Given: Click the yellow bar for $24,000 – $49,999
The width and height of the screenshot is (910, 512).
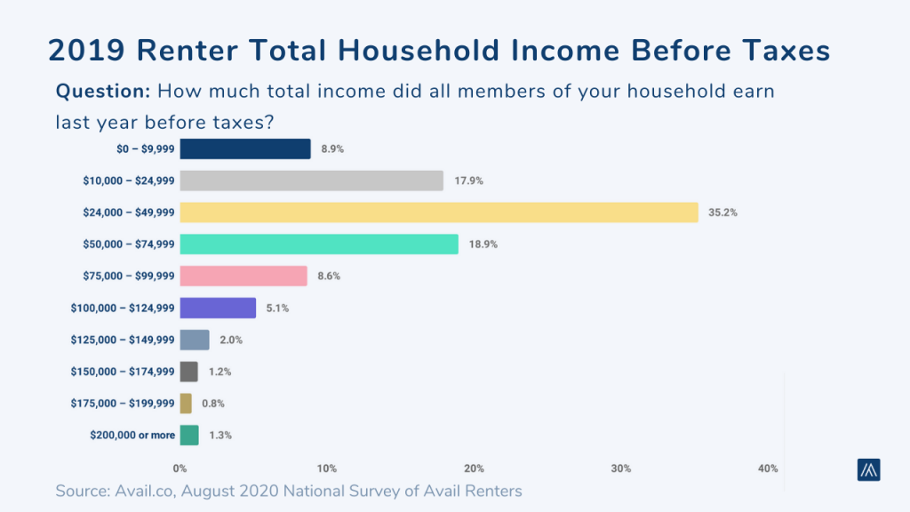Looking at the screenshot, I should [x=439, y=212].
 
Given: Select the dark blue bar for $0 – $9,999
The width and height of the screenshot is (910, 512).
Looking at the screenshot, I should [x=245, y=148].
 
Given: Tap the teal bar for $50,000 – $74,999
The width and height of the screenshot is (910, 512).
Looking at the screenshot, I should [x=319, y=244].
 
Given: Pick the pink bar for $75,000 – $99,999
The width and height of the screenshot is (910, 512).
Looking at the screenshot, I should [x=243, y=276].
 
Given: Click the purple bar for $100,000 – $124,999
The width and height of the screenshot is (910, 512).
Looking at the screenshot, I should [x=218, y=308].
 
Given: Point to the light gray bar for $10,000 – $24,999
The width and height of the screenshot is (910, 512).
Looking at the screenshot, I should [x=311, y=180].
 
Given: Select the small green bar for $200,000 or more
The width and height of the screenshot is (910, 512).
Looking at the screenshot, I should [x=189, y=436].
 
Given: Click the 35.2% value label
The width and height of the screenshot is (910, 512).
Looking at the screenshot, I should [x=722, y=213].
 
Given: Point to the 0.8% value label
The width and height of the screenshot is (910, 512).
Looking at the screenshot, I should [x=212, y=404].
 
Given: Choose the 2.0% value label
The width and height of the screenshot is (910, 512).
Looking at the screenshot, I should [x=230, y=340].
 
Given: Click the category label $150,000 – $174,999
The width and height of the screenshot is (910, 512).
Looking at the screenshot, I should [x=123, y=372].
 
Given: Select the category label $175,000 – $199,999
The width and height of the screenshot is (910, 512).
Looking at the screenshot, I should [x=123, y=404].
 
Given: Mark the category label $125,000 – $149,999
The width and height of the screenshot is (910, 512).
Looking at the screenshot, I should [x=123, y=340].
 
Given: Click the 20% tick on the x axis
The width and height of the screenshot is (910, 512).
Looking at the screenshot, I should [x=474, y=468].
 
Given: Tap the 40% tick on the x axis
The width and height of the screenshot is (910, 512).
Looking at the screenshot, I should [x=768, y=468].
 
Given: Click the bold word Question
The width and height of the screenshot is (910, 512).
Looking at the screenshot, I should [x=102, y=91].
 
